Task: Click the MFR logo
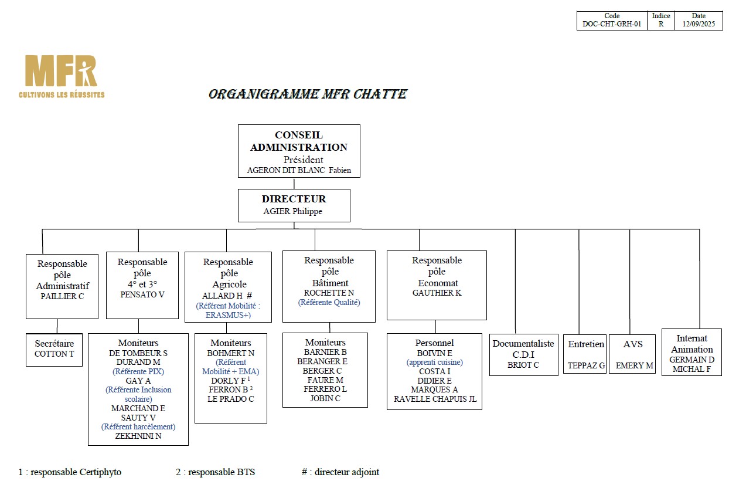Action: [62, 76]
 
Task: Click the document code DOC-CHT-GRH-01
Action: [612, 24]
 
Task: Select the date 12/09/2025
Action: [699, 24]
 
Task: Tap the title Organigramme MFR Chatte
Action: [308, 94]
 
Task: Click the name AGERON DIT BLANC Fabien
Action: [299, 170]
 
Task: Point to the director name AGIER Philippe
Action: [292, 211]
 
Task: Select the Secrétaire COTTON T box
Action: [54, 350]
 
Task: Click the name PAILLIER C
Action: [62, 296]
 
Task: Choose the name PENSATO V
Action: [142, 294]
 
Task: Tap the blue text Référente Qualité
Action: [329, 303]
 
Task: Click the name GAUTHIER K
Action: [437, 293]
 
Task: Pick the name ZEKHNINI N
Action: [138, 436]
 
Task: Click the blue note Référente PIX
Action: [138, 371]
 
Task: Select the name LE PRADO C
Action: [230, 399]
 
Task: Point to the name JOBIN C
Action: [325, 398]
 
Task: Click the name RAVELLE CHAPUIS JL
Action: [435, 399]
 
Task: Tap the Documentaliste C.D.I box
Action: [524, 355]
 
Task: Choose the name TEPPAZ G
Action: [586, 365]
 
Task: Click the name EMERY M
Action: [634, 365]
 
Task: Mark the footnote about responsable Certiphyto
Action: [70, 472]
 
